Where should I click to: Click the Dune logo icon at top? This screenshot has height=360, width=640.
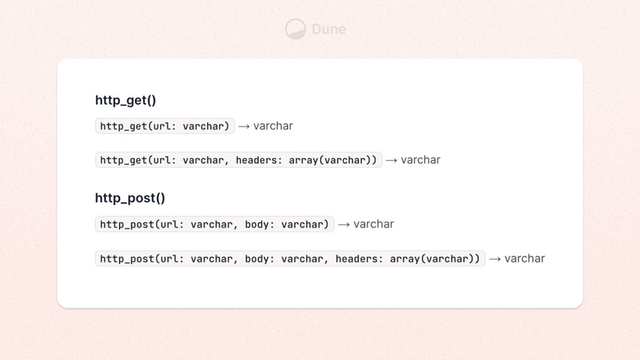point(295,29)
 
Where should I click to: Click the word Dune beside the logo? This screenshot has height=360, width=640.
point(329,29)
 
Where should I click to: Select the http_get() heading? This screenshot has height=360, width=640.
point(125,100)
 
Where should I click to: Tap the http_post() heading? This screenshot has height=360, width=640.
point(130,198)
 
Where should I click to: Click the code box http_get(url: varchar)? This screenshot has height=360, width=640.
point(165,126)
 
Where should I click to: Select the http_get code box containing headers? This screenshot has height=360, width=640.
point(238,160)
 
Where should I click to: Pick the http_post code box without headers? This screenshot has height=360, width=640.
point(214,224)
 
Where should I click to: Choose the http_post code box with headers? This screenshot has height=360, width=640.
point(290,259)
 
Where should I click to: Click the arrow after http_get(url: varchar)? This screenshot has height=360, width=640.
point(244,126)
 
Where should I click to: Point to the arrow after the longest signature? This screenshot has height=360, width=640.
point(495,259)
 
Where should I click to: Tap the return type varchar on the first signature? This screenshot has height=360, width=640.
point(273,126)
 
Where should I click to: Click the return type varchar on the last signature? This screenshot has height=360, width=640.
point(525,259)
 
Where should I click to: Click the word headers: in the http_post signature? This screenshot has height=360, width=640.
point(358,259)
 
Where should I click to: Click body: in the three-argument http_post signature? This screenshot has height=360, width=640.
point(259,259)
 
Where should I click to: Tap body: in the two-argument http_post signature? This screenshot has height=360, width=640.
point(259,224)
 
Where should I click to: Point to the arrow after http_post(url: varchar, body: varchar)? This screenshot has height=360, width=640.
point(344,224)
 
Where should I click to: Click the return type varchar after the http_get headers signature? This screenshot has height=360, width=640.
point(421,160)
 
